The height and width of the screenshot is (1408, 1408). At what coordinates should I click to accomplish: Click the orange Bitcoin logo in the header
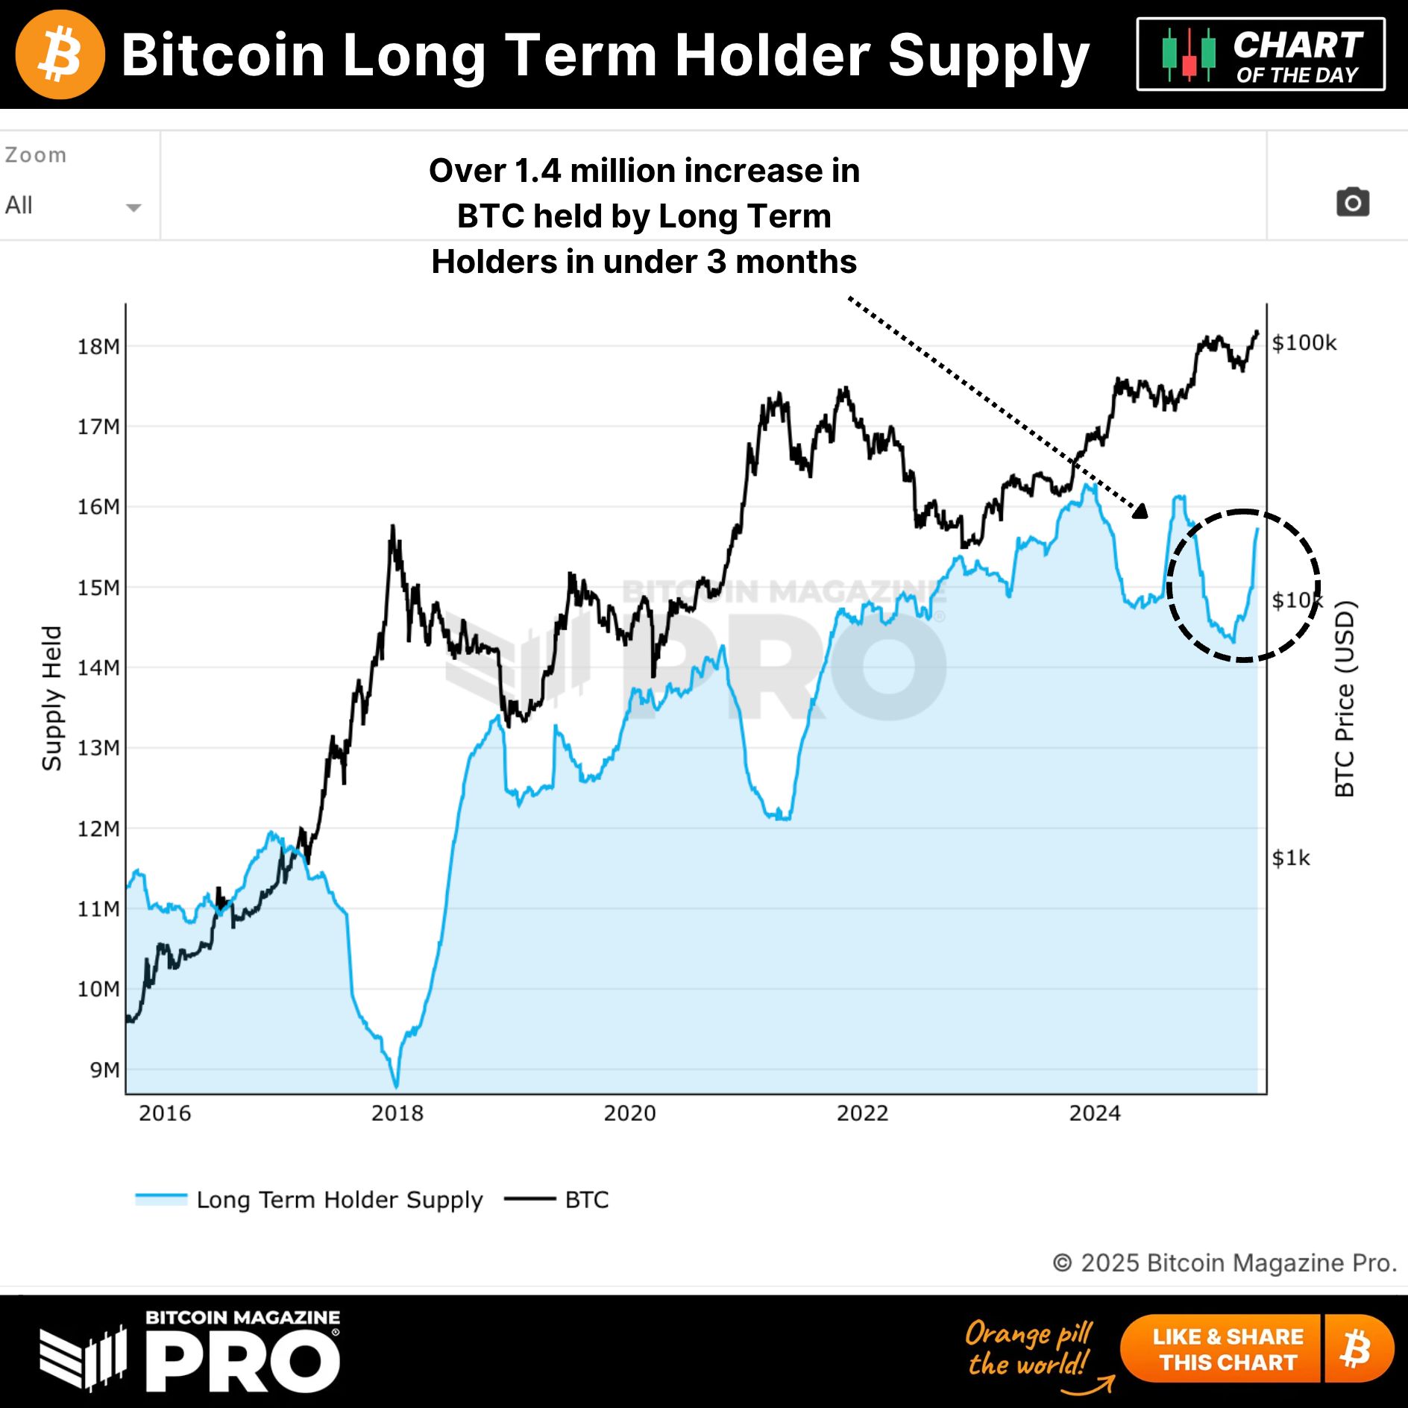click(x=60, y=54)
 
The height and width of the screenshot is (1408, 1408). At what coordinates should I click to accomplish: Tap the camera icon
click(x=1352, y=202)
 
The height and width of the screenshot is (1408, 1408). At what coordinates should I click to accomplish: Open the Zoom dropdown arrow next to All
click(x=133, y=207)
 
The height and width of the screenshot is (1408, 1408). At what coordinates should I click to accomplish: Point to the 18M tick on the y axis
click(x=98, y=347)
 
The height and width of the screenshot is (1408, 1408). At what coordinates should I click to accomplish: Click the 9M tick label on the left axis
click(x=104, y=1070)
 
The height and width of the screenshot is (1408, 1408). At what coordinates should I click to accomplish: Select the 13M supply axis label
click(x=98, y=748)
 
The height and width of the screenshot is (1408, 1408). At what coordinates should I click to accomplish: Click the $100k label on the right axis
click(x=1304, y=343)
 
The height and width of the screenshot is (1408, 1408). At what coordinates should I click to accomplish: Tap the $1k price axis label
click(x=1291, y=858)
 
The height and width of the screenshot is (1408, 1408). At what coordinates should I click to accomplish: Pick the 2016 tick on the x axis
click(x=165, y=1113)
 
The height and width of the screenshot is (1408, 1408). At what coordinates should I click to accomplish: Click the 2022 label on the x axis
click(x=862, y=1113)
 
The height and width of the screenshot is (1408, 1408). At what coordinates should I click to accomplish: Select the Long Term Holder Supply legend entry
click(x=309, y=1200)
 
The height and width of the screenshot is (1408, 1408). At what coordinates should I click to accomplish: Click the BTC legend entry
click(x=557, y=1200)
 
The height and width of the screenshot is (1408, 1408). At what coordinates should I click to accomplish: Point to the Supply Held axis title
click(x=51, y=698)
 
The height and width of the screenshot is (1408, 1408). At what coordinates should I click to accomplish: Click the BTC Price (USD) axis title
click(x=1344, y=698)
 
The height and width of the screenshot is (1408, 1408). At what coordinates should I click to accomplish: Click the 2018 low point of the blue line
click(x=396, y=1086)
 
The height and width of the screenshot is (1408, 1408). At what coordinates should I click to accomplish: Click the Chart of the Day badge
click(x=1260, y=54)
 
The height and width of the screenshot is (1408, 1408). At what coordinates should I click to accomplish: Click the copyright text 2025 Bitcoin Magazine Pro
click(x=1225, y=1263)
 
